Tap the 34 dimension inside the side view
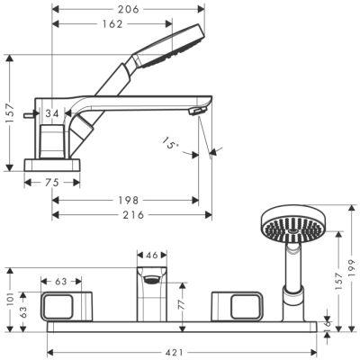coord(53,113)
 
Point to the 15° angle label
coord(171,142)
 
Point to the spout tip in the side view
coord(192,111)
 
